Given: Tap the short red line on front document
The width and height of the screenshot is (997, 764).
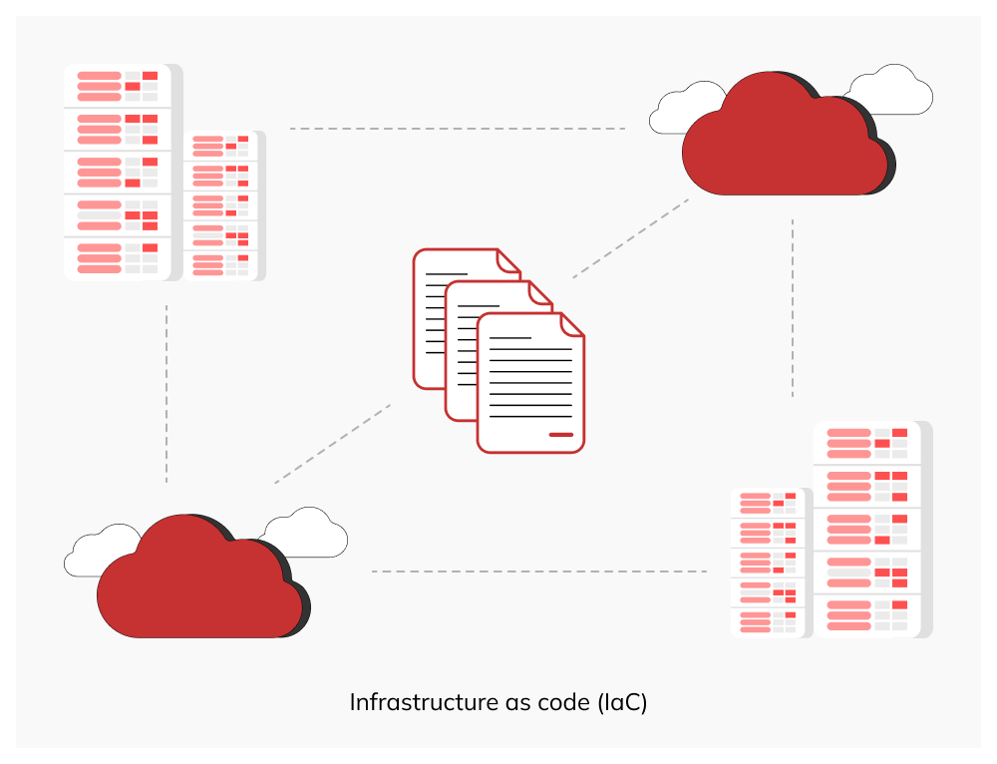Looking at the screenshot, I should click(x=561, y=434).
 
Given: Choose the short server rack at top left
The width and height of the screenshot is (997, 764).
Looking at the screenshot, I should click(x=223, y=205).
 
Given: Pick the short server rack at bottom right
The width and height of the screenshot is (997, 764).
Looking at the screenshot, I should click(x=770, y=563).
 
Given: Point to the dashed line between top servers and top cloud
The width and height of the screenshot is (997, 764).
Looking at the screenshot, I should click(x=457, y=129).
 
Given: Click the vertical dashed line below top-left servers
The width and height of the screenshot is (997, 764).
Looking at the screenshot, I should click(x=166, y=394).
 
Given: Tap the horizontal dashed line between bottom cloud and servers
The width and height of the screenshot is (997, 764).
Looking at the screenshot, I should click(x=538, y=572).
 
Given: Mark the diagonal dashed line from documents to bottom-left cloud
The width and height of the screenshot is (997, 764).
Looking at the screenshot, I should click(x=332, y=444).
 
